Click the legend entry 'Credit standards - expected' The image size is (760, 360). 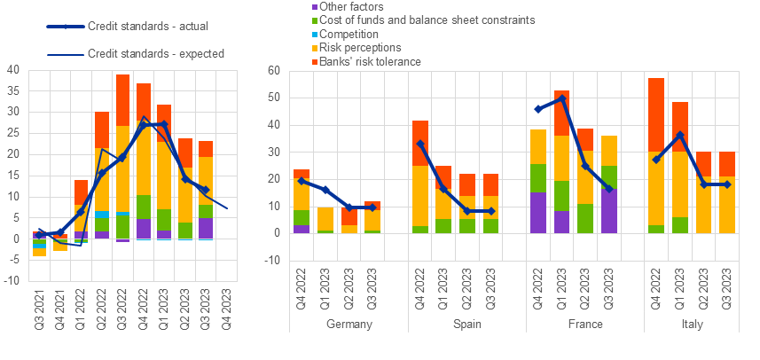(x=155, y=53)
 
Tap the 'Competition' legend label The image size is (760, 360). (x=325, y=34)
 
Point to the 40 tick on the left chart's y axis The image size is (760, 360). (x=13, y=69)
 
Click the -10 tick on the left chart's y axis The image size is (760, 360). (x=12, y=281)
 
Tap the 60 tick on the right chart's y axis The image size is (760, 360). (x=273, y=69)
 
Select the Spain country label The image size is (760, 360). (x=466, y=325)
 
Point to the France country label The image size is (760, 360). (x=584, y=325)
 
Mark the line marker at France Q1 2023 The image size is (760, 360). (x=561, y=98)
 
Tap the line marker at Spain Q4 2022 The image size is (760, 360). (x=419, y=143)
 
